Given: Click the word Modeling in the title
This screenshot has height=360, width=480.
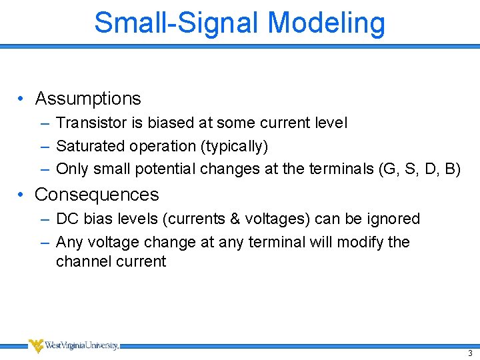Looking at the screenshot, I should click(326, 22).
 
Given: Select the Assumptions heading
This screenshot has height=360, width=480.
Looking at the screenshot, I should click(88, 99).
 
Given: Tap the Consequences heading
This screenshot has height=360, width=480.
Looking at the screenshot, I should click(97, 195).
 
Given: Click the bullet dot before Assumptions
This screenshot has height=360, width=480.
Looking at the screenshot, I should click(21, 99).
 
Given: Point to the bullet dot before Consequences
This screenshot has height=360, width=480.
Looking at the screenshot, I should click(21, 195).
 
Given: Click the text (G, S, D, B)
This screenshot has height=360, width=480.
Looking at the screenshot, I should click(419, 169).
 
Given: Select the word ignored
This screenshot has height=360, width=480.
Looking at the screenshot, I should click(394, 219).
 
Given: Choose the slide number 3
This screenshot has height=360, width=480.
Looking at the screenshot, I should click(469, 352).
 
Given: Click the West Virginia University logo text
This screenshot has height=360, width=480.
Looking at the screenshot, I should click(82, 345).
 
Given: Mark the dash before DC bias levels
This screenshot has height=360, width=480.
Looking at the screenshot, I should click(44, 219).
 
